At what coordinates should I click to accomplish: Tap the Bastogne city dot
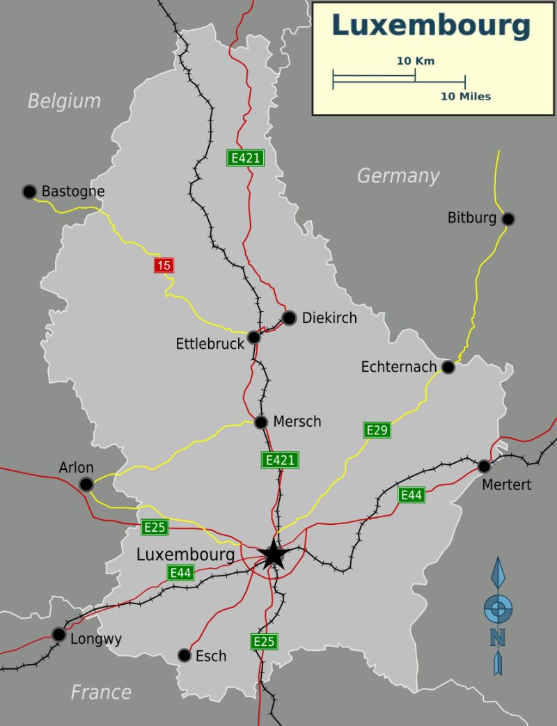pos(29,191)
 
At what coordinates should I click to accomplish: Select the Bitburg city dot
pos(508,219)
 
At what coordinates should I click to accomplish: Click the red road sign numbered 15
pos(164,265)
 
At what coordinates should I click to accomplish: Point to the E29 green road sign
pos(377,430)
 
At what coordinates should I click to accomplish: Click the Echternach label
pos(399,366)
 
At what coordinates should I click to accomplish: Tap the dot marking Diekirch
pos(290,318)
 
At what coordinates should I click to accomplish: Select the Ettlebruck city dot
pos(254,337)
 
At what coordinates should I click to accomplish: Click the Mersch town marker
pos(261,422)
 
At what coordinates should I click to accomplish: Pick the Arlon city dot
pos(86,484)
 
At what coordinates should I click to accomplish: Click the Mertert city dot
pos(484,466)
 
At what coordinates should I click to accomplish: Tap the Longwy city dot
pos(58,634)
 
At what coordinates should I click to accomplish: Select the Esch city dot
pos(184,655)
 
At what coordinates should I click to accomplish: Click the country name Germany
pos(398,176)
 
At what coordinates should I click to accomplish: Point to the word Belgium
pos(64,101)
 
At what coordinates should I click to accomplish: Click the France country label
pos(101,692)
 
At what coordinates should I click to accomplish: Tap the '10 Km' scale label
pos(416,61)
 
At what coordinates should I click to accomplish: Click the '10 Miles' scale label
pos(465,96)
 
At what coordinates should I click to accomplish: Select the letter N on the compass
pos(497,637)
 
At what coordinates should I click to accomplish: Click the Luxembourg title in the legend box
pos(431,25)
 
